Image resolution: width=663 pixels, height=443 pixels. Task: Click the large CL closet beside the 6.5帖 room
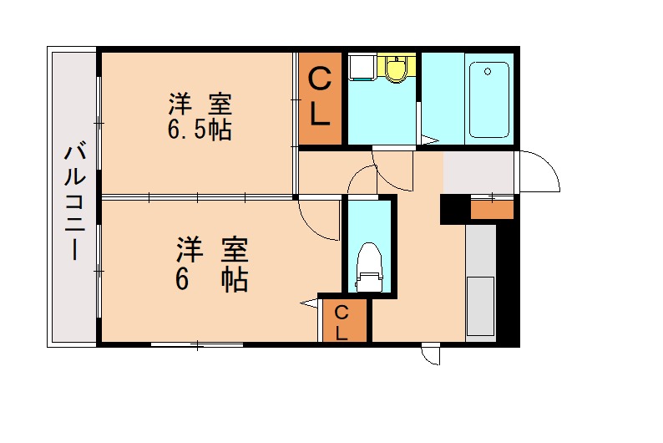click(320, 99)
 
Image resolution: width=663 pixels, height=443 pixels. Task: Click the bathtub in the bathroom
click(488, 99)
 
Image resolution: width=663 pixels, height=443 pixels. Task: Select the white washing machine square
click(361, 66)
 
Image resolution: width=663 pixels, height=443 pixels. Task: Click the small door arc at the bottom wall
click(431, 355)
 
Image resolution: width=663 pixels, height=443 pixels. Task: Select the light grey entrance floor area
click(478, 171)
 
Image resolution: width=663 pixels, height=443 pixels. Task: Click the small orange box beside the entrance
click(492, 209)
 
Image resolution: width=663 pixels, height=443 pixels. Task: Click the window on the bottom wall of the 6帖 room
click(197, 344)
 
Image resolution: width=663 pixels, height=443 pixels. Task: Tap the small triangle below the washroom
click(428, 140)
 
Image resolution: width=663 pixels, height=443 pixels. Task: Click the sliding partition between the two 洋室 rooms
click(197, 197)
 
